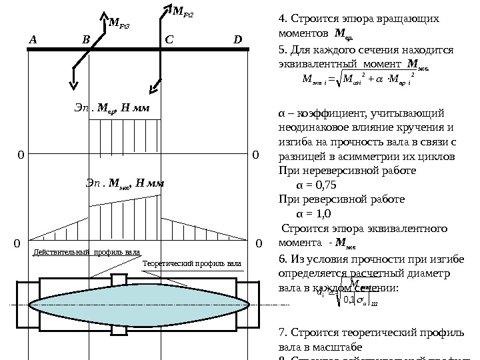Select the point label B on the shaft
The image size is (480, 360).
tap(85, 39)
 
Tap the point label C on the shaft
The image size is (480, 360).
tap(168, 39)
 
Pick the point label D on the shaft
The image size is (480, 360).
tap(237, 39)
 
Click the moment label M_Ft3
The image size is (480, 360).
tap(118, 25)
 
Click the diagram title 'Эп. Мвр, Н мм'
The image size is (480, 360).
tap(112, 107)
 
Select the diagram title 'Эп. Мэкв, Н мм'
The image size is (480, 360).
tap(125, 182)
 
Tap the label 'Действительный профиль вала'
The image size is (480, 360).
tap(87, 253)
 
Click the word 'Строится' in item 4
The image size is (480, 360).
tap(307, 18)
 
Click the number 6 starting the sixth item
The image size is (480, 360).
tap(280, 260)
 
